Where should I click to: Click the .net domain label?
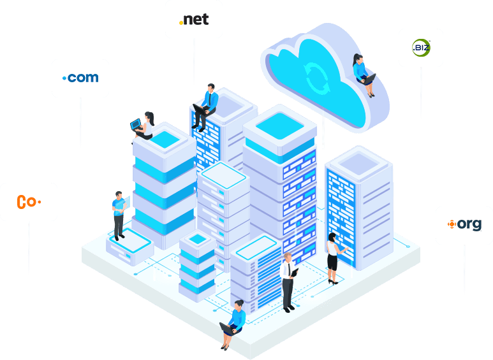194,20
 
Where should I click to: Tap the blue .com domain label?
80,78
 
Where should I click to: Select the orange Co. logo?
29,202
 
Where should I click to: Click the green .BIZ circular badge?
421,48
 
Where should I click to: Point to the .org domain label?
464,224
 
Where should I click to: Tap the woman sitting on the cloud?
364,75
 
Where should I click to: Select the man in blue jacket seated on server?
205,107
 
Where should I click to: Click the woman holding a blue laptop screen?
143,126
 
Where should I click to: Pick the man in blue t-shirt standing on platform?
119,215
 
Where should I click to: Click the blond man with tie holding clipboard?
288,282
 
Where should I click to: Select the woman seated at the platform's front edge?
233,325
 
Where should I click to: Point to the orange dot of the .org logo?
452,224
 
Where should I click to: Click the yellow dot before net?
180,22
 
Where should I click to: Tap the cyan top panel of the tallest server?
279,126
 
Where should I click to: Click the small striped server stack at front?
198,266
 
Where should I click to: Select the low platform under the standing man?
130,247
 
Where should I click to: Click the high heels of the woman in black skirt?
334,282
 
